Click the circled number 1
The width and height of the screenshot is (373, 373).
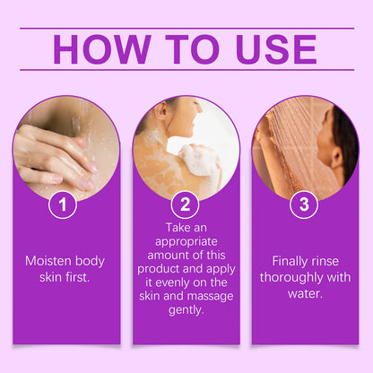click(62, 204)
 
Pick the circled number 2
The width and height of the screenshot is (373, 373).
click(186, 204)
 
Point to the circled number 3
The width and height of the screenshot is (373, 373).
click(304, 204)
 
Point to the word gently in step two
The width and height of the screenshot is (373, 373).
click(186, 309)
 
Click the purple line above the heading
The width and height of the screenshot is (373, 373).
click(186, 28)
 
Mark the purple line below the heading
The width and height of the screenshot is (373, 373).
click(186, 70)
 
